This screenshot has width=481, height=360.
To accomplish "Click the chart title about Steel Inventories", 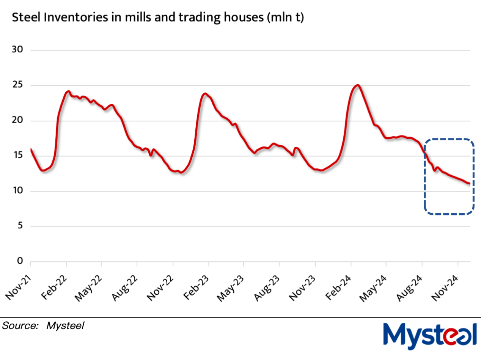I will coord(158,17).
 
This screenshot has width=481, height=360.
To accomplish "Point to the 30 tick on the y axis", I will coord(18,50).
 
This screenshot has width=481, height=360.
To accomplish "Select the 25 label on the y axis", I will coord(18,85).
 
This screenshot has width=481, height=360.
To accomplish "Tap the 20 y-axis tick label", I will coord(18,121).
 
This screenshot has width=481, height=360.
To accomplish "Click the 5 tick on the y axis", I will coord(20,226).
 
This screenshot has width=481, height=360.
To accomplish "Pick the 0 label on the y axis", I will coord(20,261).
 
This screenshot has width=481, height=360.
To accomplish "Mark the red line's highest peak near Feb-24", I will coord(357,85).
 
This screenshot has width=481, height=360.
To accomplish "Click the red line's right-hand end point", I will coord(470,184).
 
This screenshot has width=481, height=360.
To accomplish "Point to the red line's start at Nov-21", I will coord(31,149).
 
